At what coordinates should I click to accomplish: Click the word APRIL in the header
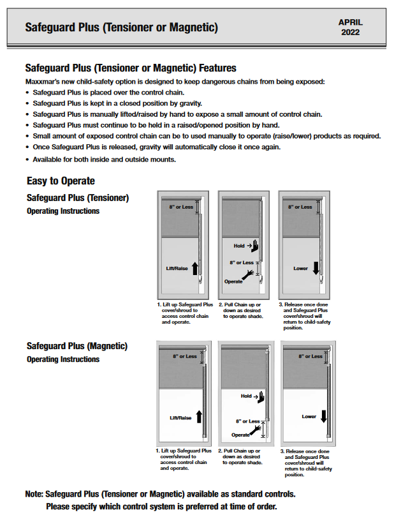350,21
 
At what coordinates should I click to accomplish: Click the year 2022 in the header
350,32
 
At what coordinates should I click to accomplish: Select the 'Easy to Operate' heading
61,181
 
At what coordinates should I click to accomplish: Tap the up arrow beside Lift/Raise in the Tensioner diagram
194,268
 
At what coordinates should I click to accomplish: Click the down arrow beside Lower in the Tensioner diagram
317,267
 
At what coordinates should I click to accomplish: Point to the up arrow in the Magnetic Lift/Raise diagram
200,417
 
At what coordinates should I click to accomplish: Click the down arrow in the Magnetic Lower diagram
324,416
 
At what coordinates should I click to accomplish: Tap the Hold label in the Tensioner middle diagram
239,246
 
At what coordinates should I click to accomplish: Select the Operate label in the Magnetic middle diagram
240,435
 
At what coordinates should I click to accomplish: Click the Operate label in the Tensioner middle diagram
233,281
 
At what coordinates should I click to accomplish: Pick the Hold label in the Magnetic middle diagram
246,396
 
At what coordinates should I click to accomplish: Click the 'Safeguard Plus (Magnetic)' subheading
77,346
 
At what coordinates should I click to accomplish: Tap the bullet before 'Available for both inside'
27,159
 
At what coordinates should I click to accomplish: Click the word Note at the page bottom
34,494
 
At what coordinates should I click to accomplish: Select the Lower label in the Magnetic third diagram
309,417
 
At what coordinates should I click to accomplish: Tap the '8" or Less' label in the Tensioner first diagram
182,207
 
